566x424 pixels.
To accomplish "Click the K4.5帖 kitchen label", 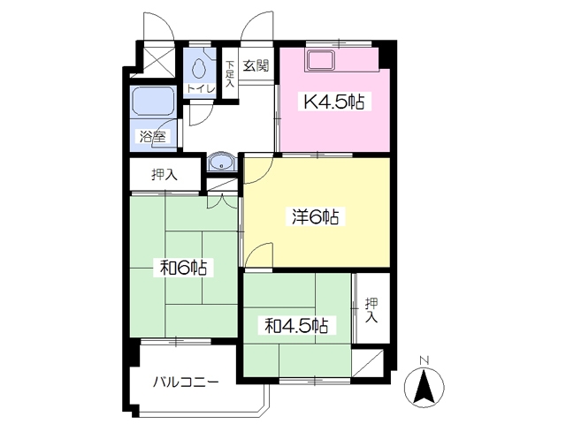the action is pos(334,102).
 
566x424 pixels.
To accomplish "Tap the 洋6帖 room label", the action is pos(315,217).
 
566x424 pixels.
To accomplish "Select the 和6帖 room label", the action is pos(183,268).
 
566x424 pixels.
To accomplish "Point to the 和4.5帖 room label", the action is pos(296,326).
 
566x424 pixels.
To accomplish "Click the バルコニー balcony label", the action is pos(186,382).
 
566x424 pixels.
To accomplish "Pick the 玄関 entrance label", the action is pos(256,65).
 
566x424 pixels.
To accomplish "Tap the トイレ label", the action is pos(201,88).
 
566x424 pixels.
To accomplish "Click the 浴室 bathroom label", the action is pos(153,137).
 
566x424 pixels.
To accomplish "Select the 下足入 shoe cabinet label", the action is pos(230,74).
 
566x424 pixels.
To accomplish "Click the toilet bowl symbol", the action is pos(198,68).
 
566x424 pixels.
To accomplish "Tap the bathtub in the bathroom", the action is pos(153,102).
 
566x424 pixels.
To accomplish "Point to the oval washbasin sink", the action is pos(221,162).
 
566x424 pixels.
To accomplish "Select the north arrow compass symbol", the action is pos(424,388).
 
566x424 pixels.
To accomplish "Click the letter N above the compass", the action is pos(424,360).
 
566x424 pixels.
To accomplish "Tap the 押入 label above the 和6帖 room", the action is pos(164,175).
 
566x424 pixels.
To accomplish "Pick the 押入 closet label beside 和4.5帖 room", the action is pos(371,310).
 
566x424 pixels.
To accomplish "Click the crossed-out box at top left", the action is pos(157,59).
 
